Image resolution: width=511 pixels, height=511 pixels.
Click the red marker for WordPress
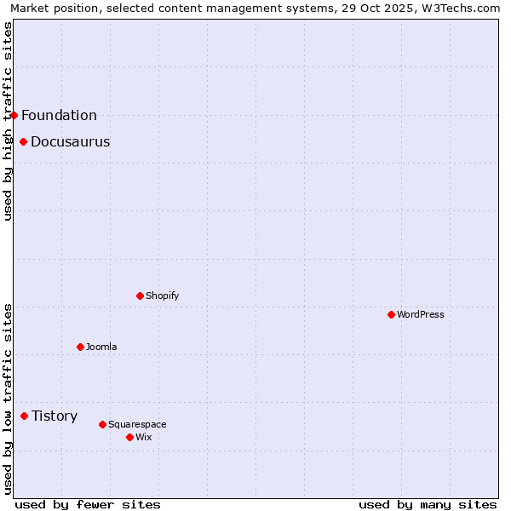pos(391,314)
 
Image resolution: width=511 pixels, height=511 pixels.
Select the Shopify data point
pos(140,296)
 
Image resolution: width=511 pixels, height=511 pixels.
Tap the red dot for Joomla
pos(80,347)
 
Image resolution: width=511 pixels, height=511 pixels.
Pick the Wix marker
pos(129,437)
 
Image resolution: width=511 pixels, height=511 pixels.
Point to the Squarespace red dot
pos(102,424)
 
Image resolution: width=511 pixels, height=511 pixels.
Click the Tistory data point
pos(24,416)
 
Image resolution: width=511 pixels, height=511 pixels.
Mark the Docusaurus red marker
pos(23,141)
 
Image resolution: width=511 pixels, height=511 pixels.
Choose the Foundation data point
pos(14,115)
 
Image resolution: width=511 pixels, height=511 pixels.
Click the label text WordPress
pos(421,314)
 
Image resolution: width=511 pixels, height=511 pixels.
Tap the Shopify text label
pos(163,296)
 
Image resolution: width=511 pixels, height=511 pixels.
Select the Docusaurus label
pos(71,141)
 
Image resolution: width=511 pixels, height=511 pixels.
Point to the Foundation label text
pos(60,115)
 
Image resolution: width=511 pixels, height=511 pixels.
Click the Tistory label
pos(55,416)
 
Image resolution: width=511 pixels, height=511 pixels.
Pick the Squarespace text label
pos(138,424)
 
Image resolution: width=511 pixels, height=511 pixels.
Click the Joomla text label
pos(101,347)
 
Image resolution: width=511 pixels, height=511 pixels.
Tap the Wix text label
pos(144,437)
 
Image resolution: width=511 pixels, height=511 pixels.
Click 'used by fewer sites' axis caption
pos(88,504)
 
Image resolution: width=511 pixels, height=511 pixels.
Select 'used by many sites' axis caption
pos(428,504)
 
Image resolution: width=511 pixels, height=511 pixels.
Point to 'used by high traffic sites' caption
pos(8,121)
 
